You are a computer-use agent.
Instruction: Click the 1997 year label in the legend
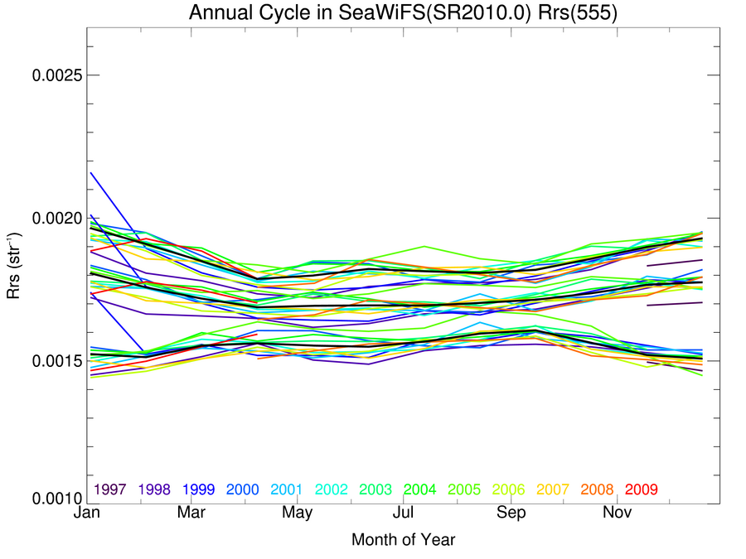coord(109,489)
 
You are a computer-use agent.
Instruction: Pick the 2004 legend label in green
coord(419,489)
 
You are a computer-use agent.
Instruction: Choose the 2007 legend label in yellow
coord(553,489)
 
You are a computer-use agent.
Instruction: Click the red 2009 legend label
coord(642,489)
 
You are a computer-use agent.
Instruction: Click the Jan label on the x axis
coord(87,514)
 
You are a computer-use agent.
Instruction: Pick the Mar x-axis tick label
coord(192,514)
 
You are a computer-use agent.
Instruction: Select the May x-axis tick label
coord(298,514)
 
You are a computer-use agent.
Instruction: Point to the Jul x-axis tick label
coord(403,514)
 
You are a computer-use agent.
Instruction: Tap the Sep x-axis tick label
coord(509,514)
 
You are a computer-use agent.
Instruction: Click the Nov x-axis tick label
coord(614,514)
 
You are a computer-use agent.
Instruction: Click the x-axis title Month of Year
coord(403,540)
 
